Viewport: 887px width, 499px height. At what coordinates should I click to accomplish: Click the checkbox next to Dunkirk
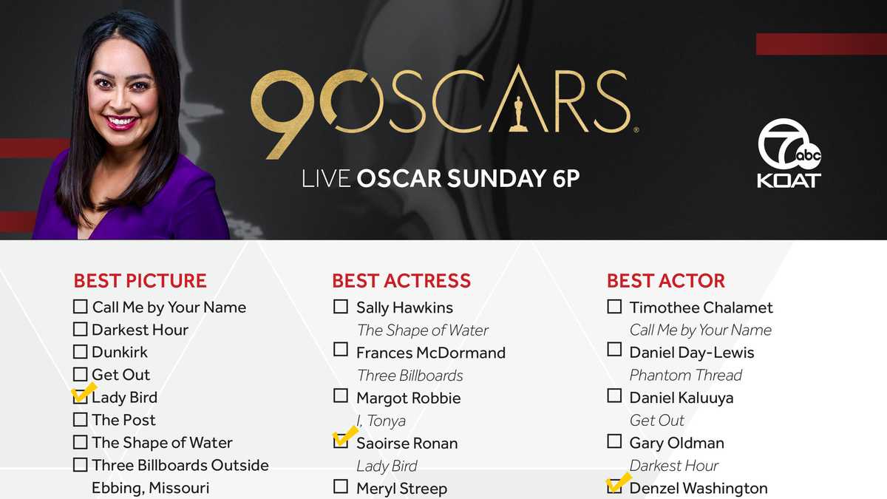(80, 352)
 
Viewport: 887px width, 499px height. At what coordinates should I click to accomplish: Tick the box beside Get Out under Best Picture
(80, 375)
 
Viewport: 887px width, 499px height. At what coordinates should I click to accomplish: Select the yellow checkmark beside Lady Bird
(83, 393)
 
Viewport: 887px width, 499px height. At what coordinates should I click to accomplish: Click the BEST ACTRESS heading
(401, 281)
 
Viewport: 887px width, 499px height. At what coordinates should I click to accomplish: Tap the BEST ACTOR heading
(665, 281)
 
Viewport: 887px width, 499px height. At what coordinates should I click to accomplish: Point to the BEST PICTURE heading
(140, 281)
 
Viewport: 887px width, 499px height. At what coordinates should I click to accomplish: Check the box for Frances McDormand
(341, 350)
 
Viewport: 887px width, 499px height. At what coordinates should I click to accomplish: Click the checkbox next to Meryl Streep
(341, 486)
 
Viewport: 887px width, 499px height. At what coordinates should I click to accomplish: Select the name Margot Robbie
(408, 398)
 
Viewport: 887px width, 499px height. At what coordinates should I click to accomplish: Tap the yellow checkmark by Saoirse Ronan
(344, 438)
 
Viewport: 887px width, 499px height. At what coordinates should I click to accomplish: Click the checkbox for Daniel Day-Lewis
(614, 350)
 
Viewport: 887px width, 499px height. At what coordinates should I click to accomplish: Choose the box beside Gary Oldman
(614, 441)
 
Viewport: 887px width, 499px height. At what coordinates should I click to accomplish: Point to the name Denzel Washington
(698, 488)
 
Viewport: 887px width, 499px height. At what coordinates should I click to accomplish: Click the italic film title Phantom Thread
(685, 375)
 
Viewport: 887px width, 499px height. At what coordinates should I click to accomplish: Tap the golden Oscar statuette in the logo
(518, 113)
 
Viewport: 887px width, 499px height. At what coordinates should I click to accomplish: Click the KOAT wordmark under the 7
(789, 180)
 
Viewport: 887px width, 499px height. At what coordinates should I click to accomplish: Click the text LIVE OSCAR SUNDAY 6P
(441, 179)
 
